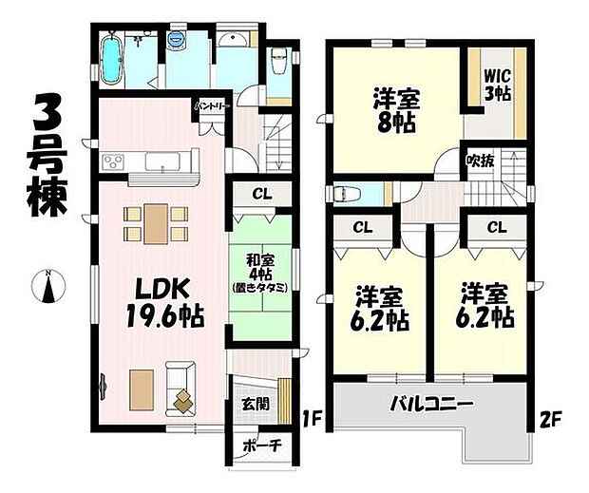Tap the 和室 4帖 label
(x=260, y=271)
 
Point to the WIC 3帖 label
(x=495, y=85)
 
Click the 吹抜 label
(x=479, y=161)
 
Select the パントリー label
(x=211, y=106)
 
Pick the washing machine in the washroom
(x=178, y=41)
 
